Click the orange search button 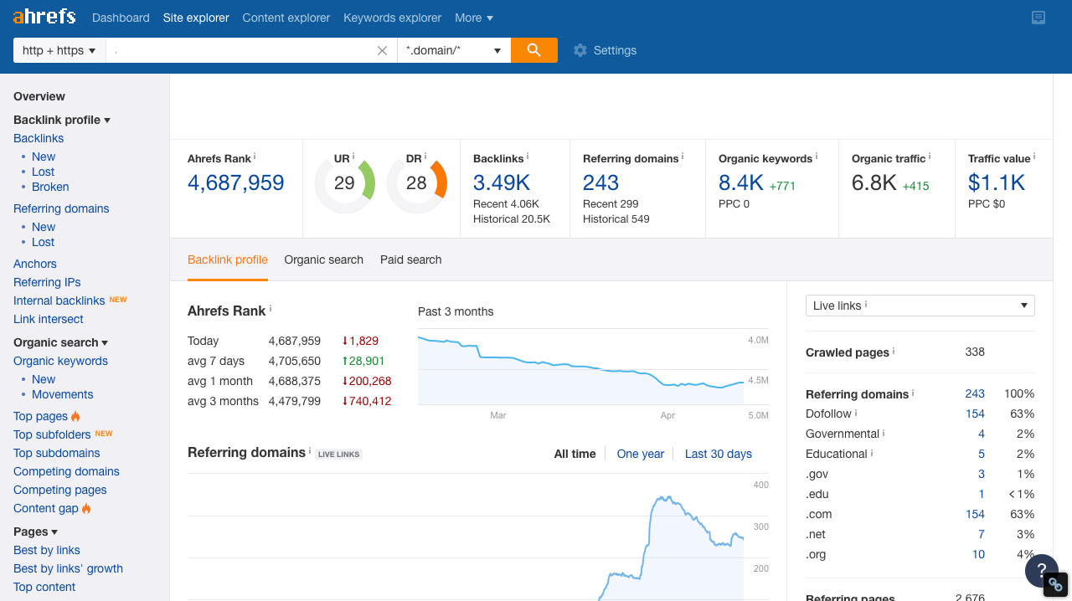pyautogui.click(x=533, y=50)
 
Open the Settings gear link pyautogui.click(x=605, y=50)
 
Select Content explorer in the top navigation pyautogui.click(x=286, y=18)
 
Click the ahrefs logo pyautogui.click(x=44, y=17)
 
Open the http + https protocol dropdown pyautogui.click(x=59, y=50)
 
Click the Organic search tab pyautogui.click(x=323, y=259)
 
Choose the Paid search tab pyautogui.click(x=410, y=259)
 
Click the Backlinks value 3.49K pyautogui.click(x=502, y=182)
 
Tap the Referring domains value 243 pyautogui.click(x=600, y=182)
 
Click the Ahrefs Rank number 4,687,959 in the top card pyautogui.click(x=236, y=182)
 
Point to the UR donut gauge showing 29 pyautogui.click(x=344, y=183)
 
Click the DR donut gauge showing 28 pyautogui.click(x=416, y=183)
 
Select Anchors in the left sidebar pyautogui.click(x=35, y=264)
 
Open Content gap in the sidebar pyautogui.click(x=46, y=508)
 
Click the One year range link pyautogui.click(x=640, y=454)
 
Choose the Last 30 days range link pyautogui.click(x=718, y=454)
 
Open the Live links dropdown pyautogui.click(x=920, y=306)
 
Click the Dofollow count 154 pyautogui.click(x=975, y=414)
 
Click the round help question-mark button pyautogui.click(x=1042, y=571)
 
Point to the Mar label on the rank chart pyautogui.click(x=498, y=415)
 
